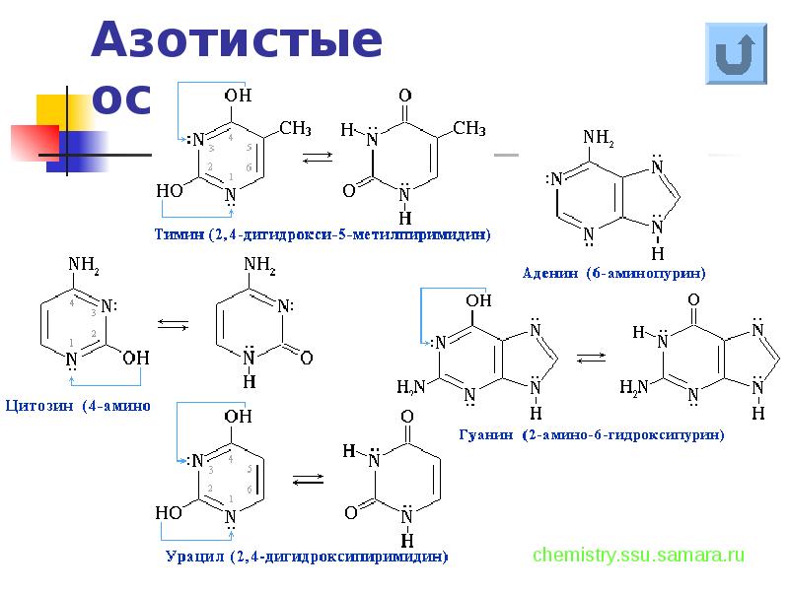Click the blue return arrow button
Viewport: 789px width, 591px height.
click(x=736, y=52)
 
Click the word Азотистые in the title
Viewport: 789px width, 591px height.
click(x=237, y=41)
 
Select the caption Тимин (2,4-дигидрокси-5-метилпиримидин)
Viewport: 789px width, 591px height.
click(x=322, y=234)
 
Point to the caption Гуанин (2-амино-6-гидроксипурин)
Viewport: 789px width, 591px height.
click(x=593, y=434)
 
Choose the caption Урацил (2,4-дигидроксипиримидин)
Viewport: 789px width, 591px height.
click(x=307, y=557)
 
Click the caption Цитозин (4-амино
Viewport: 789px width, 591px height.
click(x=77, y=405)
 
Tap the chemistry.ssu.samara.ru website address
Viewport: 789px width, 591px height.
click(x=638, y=555)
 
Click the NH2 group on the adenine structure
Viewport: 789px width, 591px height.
click(x=599, y=138)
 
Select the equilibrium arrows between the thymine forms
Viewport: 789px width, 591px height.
click(x=316, y=157)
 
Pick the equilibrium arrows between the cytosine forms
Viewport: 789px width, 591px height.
click(x=173, y=323)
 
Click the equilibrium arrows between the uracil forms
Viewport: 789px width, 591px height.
click(x=307, y=480)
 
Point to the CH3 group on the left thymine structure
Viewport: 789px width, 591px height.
click(x=295, y=128)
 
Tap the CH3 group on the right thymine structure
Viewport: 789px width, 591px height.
click(x=468, y=128)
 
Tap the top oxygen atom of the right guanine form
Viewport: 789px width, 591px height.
click(x=694, y=299)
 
